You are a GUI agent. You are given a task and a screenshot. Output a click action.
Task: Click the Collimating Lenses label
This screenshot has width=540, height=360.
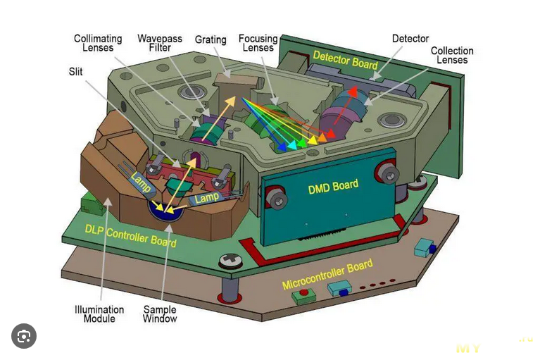coord(98,44)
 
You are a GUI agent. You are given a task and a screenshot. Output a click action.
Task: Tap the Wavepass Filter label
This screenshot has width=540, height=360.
coord(154,43)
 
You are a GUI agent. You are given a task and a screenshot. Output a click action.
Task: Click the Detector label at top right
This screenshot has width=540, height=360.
coord(410,39)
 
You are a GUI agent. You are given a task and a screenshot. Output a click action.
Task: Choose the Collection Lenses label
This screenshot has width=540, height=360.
coord(451,56)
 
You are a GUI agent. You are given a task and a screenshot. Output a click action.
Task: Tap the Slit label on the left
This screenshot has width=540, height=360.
coord(75,71)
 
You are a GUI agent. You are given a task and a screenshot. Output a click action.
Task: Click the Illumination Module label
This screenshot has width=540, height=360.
coord(99,314)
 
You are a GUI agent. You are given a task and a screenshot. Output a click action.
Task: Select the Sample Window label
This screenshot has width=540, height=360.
coord(160,314)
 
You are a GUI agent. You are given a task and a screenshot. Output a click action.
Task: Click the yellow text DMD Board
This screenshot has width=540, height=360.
coord(333,187)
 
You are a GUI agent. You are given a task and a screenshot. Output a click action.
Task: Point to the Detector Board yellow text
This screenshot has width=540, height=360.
coord(345,60)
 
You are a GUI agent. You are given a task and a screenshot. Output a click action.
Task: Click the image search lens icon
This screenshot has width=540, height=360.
coord(24,337)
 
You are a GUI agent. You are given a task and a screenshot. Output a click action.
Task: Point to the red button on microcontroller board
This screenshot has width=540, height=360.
coord(304,292)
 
